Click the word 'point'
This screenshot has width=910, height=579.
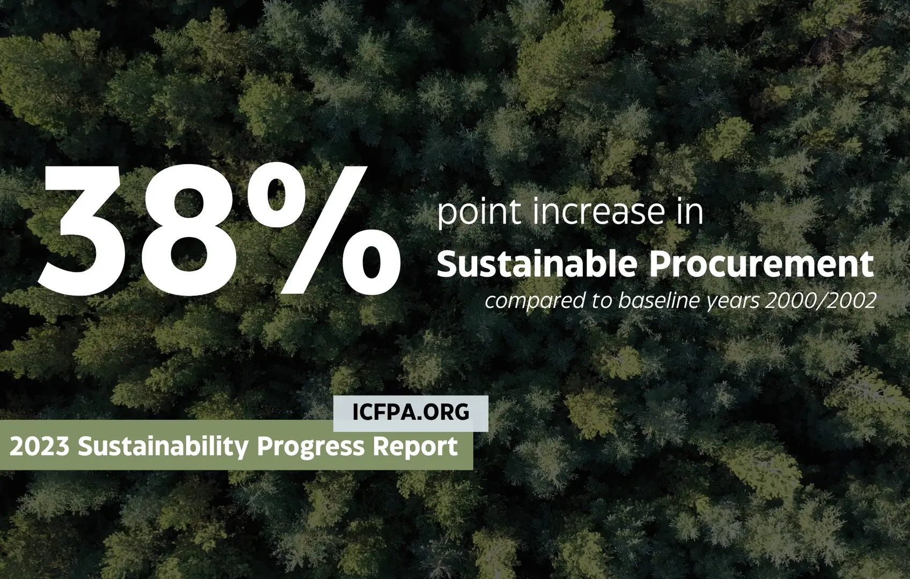479,213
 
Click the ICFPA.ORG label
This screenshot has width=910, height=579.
411,412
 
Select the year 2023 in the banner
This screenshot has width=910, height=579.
39,446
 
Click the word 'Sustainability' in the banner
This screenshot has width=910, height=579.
164,446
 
